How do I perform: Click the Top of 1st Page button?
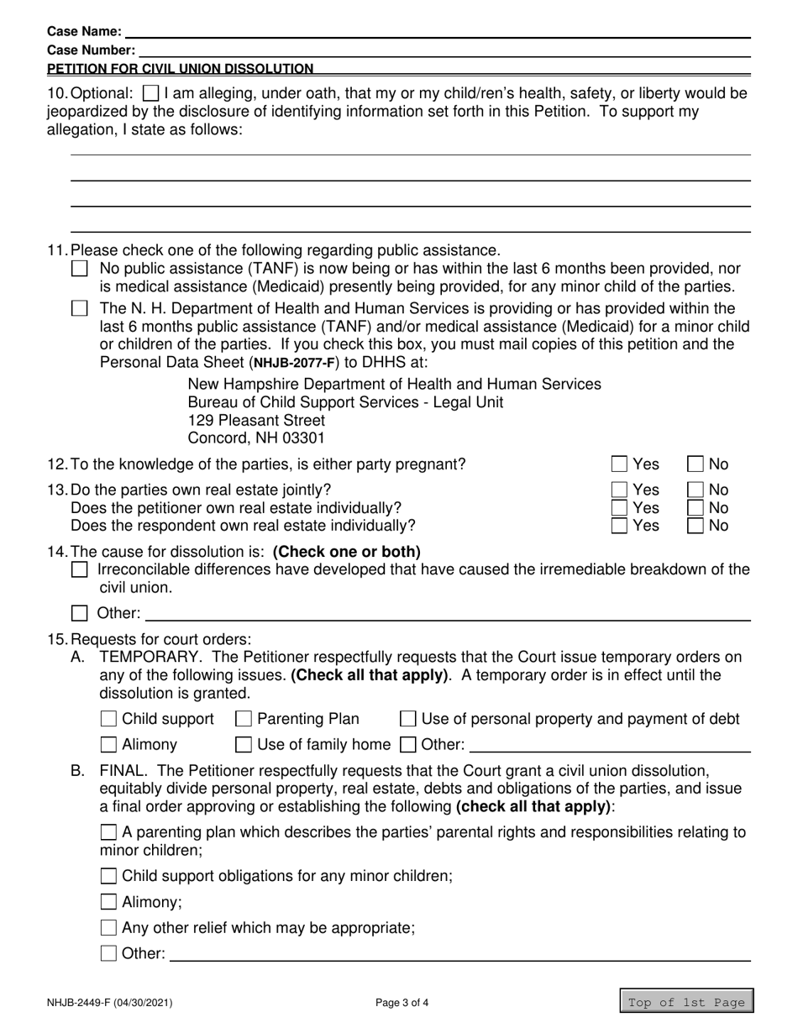pos(686,1002)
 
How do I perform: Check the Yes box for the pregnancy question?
pos(620,464)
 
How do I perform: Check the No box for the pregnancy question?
pos(696,464)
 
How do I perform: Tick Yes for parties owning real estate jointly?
pos(620,490)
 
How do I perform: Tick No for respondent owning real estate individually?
pos(696,527)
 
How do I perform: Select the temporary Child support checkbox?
pos(108,719)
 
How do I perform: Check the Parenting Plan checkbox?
pos(244,719)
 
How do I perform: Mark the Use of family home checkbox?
pos(244,744)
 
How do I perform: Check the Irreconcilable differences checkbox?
pos(80,570)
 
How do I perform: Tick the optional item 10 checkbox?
pos(151,93)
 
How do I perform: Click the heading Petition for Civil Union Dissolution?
pos(181,69)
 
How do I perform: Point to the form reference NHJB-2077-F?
pos(293,364)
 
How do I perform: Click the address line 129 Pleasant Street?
pos(256,420)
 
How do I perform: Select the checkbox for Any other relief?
pos(108,928)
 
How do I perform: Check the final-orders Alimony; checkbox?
pos(108,903)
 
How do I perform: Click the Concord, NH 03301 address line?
pos(256,438)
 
